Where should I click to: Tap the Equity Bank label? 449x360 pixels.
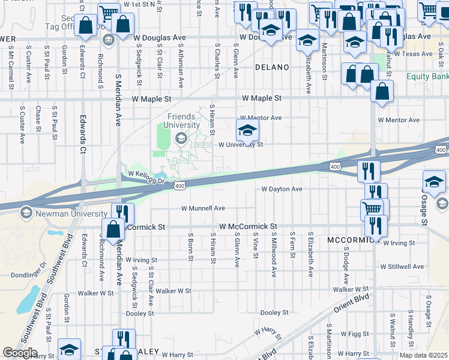(x=427, y=77)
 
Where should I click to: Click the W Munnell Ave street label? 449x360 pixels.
(x=203, y=208)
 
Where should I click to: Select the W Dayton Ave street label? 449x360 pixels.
(x=282, y=189)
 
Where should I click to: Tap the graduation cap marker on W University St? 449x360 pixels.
(x=247, y=129)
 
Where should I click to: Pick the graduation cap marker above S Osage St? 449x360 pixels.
(x=434, y=181)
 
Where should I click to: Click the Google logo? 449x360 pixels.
(x=20, y=353)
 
